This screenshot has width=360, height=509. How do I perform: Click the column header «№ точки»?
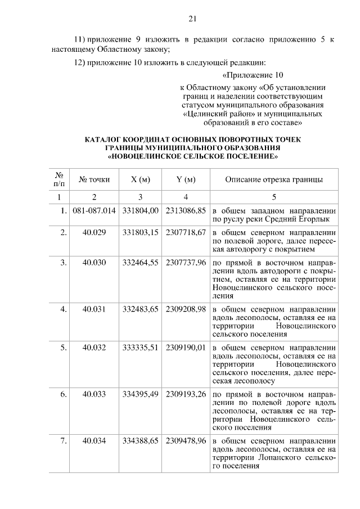pyautogui.click(x=94, y=180)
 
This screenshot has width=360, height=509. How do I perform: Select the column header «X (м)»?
pyautogui.click(x=140, y=180)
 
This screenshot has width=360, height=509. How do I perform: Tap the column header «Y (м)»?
pyautogui.click(x=186, y=180)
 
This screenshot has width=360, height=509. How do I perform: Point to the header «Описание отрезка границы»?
pyautogui.click(x=274, y=180)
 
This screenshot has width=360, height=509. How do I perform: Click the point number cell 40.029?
pyautogui.click(x=94, y=232)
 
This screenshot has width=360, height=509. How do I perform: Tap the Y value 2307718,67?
pyautogui.click(x=186, y=232)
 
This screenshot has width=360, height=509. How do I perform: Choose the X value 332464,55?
pyautogui.click(x=140, y=262)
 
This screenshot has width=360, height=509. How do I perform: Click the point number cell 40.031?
pyautogui.click(x=94, y=309)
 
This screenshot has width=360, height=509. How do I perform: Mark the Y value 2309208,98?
pyautogui.click(x=186, y=309)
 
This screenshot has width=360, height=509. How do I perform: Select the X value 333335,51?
pyautogui.click(x=140, y=348)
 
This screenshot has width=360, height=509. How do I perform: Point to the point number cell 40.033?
pyautogui.click(x=94, y=394)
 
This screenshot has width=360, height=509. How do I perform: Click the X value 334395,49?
pyautogui.click(x=140, y=394)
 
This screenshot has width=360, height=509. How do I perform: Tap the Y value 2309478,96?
pyautogui.click(x=186, y=441)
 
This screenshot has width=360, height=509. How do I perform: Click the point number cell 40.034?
pyautogui.click(x=94, y=441)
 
